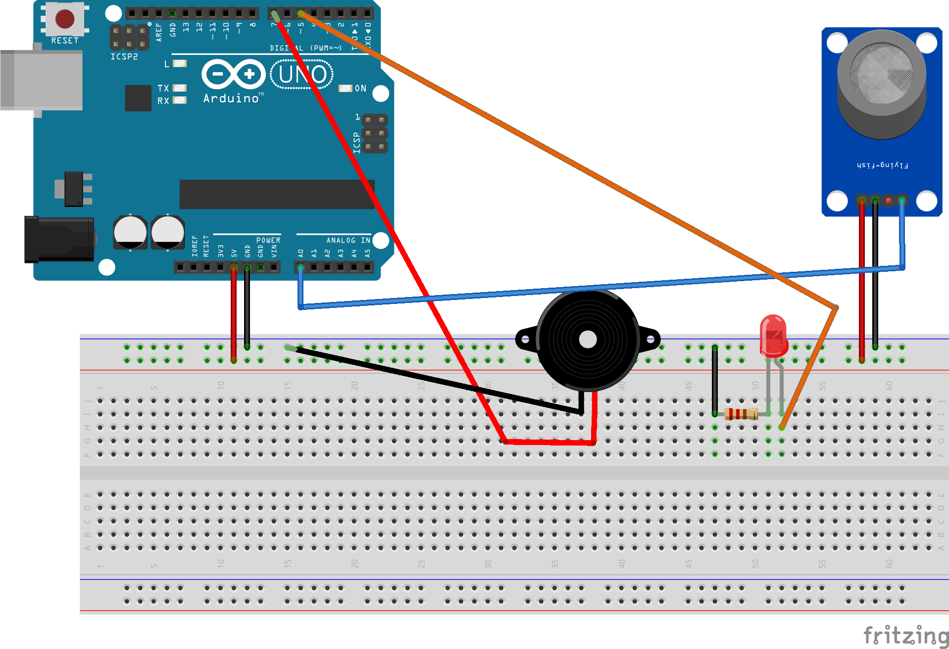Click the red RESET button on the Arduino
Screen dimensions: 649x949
pos(65,19)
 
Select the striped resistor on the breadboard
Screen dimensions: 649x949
pos(741,413)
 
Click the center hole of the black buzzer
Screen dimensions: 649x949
pos(588,340)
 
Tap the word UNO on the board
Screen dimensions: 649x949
pos(302,74)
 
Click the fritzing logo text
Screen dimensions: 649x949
pos(906,635)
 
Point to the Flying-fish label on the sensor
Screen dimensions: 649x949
pos(882,165)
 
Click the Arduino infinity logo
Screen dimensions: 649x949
pos(234,74)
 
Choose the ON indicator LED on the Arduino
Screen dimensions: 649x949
pos(345,88)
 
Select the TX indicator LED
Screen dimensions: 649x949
pos(180,88)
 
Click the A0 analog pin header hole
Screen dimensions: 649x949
pos(300,267)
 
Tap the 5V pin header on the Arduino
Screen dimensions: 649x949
pos(234,267)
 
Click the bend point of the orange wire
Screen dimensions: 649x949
pos(836,307)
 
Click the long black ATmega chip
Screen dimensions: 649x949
pos(277,194)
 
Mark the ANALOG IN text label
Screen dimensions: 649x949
pos(348,240)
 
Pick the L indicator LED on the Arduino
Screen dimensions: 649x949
pos(180,63)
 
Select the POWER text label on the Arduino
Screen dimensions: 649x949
pos(268,240)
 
